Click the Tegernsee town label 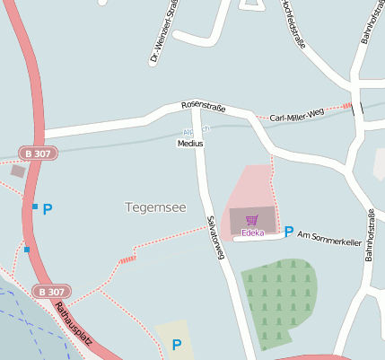click(x=155, y=207)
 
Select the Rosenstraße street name click(x=203, y=107)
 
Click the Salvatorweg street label click(x=214, y=238)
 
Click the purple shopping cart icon click(x=251, y=220)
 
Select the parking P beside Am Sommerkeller click(x=289, y=232)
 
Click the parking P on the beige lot click(x=177, y=345)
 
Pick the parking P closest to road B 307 click(x=48, y=209)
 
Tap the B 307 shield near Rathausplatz click(x=50, y=292)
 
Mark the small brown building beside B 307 click(x=18, y=171)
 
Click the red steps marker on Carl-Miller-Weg click(x=347, y=107)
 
